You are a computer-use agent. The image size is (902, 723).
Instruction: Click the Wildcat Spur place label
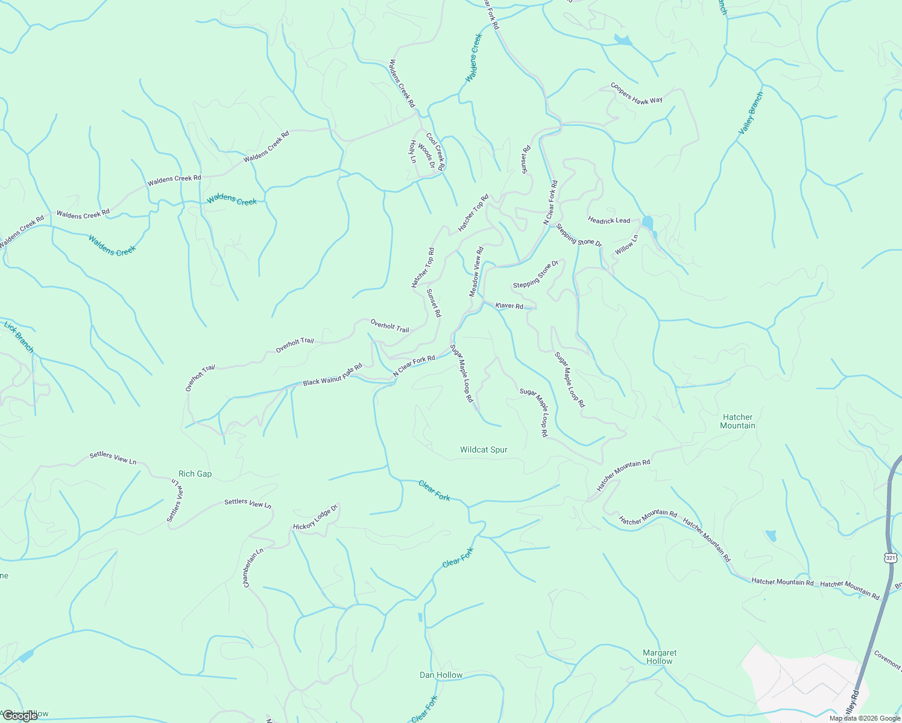pos(484,450)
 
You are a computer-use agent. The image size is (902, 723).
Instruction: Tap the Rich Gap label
pos(195,474)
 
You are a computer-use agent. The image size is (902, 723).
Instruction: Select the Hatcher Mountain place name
pos(737,421)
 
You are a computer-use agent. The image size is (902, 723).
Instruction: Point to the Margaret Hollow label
pos(660,657)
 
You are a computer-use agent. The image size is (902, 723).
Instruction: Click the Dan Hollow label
pos(441,675)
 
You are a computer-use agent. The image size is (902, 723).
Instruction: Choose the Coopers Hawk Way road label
pos(636,93)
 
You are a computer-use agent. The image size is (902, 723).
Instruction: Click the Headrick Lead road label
pos(609,221)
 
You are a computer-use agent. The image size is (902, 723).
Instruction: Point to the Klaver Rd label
pos(509,306)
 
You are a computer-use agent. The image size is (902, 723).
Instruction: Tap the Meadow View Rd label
pos(476,272)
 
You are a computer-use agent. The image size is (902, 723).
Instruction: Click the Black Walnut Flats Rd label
pos(332,375)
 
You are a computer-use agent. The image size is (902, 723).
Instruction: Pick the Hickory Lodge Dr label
pos(315,518)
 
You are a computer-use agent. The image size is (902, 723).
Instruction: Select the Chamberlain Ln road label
pos(253,568)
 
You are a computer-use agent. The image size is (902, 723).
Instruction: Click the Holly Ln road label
pos(413,152)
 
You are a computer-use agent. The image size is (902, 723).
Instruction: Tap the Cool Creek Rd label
pos(435,152)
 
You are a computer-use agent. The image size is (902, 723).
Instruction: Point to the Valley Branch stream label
pos(751,113)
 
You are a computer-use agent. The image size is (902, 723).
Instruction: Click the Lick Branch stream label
pos(19,337)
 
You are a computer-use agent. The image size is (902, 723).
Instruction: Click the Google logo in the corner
pos(19,716)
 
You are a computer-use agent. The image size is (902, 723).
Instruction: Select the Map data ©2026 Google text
pos(863,718)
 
